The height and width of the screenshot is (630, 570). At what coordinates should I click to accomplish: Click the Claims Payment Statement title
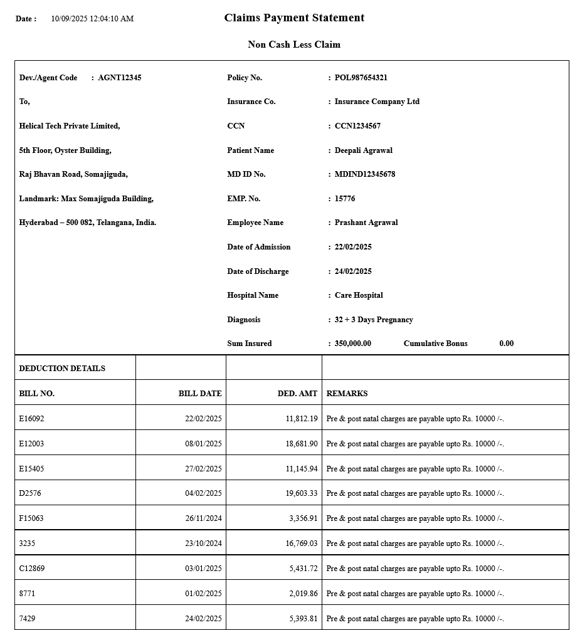click(294, 18)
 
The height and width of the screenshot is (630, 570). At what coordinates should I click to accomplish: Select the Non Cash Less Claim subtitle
click(294, 45)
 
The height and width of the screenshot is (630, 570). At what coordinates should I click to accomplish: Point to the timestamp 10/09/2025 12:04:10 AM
click(92, 19)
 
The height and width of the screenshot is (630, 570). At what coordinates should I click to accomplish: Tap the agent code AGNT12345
click(120, 78)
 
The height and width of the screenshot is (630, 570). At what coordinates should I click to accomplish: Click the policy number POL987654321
click(361, 78)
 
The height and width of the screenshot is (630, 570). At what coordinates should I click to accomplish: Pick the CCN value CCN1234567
click(357, 126)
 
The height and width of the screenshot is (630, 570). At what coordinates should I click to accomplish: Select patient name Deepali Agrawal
click(364, 150)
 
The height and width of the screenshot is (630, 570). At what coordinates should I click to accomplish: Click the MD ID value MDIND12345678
click(365, 174)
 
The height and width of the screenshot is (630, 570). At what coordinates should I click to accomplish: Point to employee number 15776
click(345, 199)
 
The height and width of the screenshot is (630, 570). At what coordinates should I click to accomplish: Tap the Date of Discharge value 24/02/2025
click(353, 271)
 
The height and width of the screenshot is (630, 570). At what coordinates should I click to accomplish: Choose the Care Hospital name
click(359, 295)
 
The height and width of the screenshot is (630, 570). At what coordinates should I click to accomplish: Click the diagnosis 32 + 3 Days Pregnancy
click(374, 320)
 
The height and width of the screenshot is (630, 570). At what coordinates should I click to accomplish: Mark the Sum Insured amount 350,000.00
click(352, 344)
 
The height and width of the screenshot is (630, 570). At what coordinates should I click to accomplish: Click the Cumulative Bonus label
click(435, 344)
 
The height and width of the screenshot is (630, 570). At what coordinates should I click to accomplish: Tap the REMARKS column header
click(347, 394)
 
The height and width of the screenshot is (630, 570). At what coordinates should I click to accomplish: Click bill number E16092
click(31, 419)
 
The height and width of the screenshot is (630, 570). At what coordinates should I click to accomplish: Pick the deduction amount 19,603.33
click(302, 493)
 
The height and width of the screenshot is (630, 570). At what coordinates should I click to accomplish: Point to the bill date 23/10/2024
click(203, 543)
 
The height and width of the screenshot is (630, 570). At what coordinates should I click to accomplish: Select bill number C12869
click(31, 569)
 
